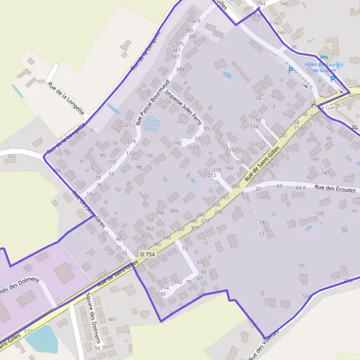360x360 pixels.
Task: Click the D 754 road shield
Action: click(147, 254)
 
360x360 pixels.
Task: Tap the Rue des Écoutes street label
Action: click(335, 189)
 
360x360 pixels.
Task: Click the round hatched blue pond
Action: click(151, 124)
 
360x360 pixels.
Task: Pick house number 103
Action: click(41, 81)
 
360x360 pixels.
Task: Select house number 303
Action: click(11, 157)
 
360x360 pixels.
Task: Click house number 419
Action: click(196, 22)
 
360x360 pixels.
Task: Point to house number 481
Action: click(112, 319)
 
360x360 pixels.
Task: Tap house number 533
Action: click(307, 296)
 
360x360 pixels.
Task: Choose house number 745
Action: click(284, 4)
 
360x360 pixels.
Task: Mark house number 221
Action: click(127, 125)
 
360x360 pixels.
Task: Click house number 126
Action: click(149, 156)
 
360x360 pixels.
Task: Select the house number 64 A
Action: click(301, 188)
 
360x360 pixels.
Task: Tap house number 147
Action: click(325, 173)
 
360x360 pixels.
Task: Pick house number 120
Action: click(319, 214)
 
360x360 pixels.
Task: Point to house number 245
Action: click(218, 212)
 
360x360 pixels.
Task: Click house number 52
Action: click(118, 190)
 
